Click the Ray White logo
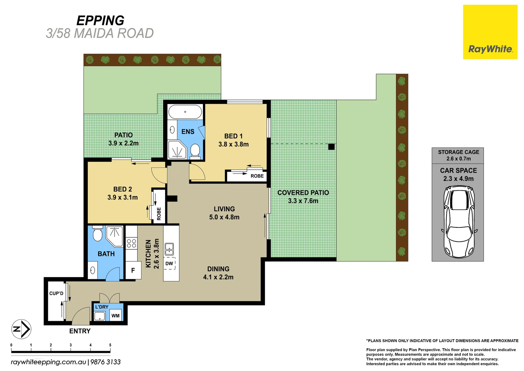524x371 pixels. click(490, 32)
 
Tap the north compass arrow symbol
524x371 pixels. click(21, 329)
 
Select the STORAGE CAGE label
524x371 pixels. click(458, 152)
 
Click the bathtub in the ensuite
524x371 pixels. click(185, 112)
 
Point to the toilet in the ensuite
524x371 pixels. click(195, 151)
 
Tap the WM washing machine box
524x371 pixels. click(116, 315)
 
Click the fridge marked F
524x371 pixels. click(133, 270)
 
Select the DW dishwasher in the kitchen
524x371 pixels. click(169, 264)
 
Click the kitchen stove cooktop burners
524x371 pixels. click(131, 243)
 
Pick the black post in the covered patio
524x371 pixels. click(331, 147)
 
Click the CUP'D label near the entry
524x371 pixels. click(56, 293)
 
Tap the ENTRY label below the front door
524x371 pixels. click(80, 331)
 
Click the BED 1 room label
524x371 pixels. click(234, 136)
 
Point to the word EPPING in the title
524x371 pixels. click(100, 21)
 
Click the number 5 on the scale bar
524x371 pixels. click(110, 345)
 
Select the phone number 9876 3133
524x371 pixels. click(106, 362)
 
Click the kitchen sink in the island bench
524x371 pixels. click(169, 249)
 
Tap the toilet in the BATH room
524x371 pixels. click(97, 234)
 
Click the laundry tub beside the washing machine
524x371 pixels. click(100, 316)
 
